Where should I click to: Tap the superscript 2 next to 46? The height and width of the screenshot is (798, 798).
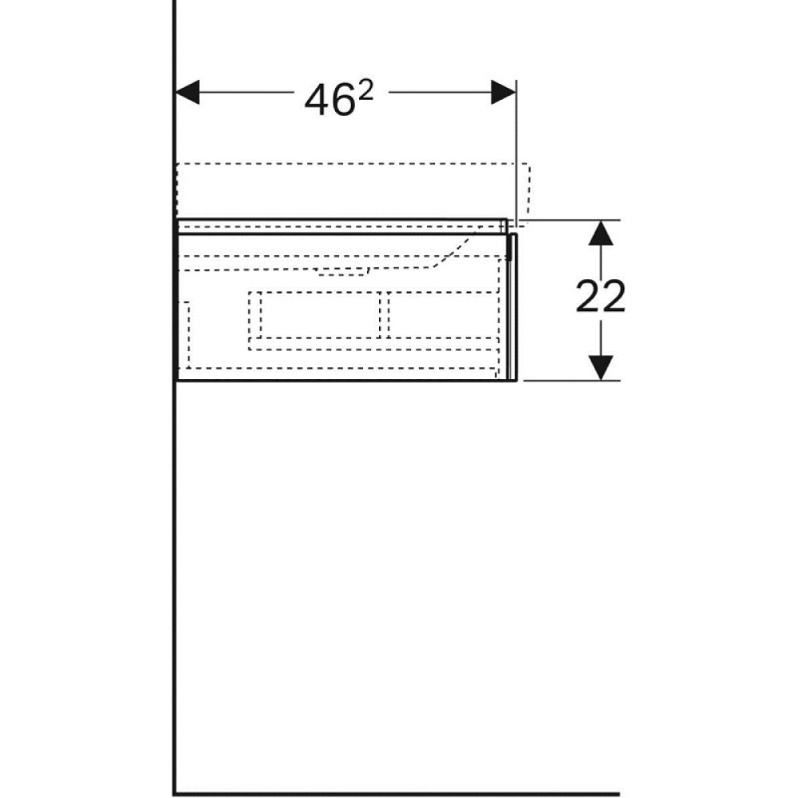[365, 92]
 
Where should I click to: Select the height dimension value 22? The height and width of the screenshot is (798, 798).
[600, 297]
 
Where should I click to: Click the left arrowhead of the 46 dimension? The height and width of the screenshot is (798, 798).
[187, 92]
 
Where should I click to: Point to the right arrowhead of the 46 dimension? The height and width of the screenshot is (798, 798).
[504, 92]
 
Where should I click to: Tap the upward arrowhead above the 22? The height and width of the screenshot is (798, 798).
[601, 233]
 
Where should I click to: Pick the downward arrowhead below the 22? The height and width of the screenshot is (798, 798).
[601, 367]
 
